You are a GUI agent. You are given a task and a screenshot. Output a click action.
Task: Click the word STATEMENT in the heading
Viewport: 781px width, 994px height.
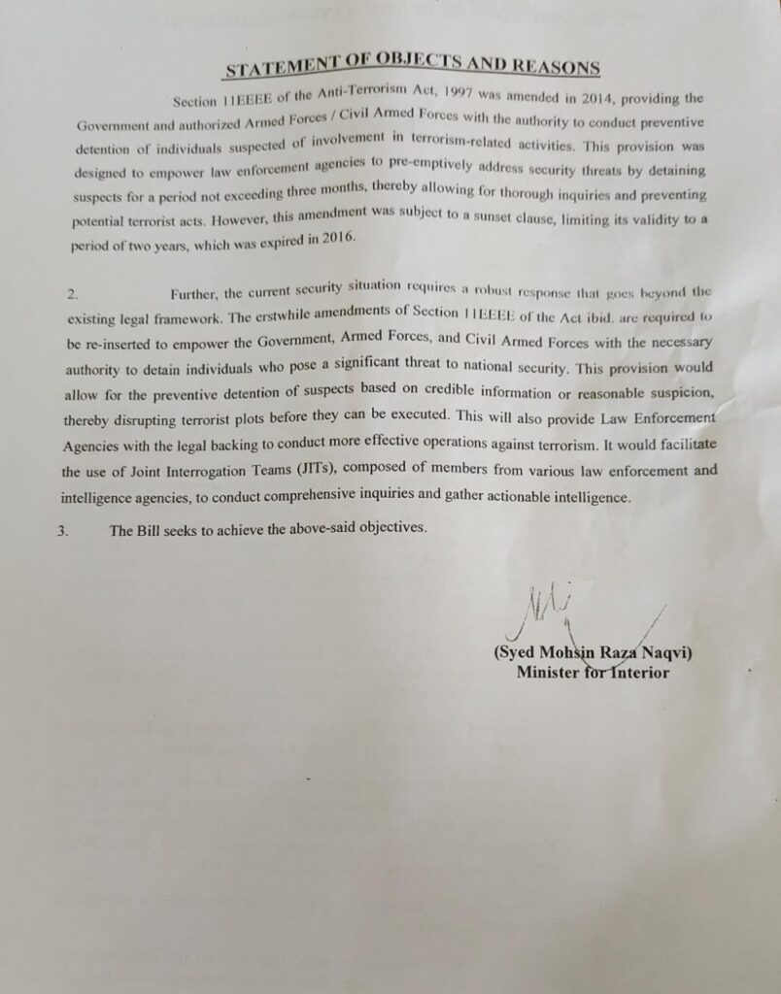(x=274, y=68)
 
